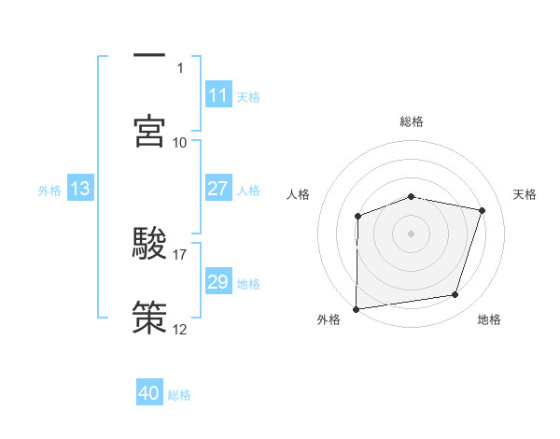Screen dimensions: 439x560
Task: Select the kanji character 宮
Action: (x=149, y=132)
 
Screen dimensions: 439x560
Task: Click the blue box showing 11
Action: (x=217, y=95)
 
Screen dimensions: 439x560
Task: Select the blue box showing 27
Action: (x=217, y=189)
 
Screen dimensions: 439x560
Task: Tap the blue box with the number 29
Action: (x=217, y=282)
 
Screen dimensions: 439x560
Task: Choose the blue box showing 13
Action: (x=79, y=189)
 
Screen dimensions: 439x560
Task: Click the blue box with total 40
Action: (x=149, y=393)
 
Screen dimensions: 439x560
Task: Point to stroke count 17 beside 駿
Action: (x=180, y=254)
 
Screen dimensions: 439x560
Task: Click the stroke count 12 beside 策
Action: (x=180, y=329)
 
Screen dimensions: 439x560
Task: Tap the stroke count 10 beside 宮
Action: (x=180, y=142)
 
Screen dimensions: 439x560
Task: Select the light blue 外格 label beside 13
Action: (x=49, y=190)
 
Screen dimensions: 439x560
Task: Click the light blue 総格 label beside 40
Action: (x=179, y=394)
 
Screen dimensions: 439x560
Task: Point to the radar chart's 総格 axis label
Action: (x=412, y=121)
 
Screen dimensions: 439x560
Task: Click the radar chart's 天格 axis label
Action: (x=525, y=194)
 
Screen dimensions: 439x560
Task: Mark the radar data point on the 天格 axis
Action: (x=482, y=210)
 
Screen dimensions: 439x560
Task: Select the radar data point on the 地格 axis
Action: (x=455, y=295)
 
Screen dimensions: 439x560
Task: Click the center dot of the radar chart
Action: (x=411, y=233)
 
